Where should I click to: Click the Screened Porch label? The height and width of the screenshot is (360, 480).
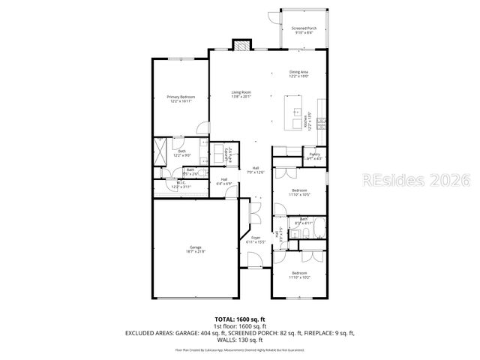pyautogui.click(x=304, y=31)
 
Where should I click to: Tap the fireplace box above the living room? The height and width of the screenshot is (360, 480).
pyautogui.click(x=241, y=46)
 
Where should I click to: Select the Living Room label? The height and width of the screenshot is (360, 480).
pyautogui.click(x=241, y=94)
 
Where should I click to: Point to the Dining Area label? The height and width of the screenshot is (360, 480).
pyautogui.click(x=299, y=73)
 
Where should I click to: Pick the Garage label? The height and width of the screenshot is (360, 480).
pyautogui.click(x=196, y=249)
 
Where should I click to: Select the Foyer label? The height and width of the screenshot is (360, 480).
pyautogui.click(x=256, y=239)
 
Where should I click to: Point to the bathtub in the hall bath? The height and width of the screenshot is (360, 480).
pyautogui.click(x=314, y=226)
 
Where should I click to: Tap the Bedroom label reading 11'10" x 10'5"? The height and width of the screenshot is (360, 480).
pyautogui.click(x=298, y=192)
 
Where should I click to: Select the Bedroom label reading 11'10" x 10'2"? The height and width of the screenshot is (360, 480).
pyautogui.click(x=299, y=274)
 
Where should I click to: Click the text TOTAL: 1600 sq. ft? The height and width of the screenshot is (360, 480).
pyautogui.click(x=240, y=319)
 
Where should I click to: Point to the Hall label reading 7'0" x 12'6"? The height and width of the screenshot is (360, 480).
pyautogui.click(x=256, y=169)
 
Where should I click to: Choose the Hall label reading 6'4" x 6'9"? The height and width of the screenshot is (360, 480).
pyautogui.click(x=223, y=181)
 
